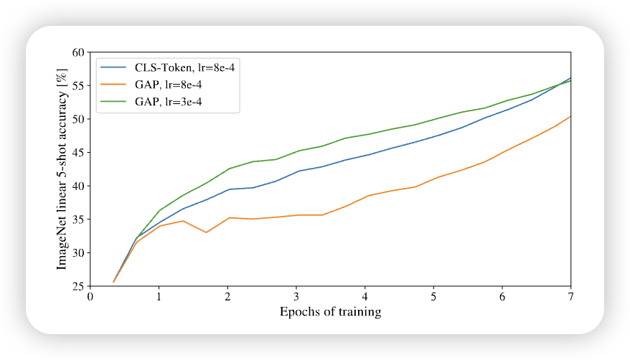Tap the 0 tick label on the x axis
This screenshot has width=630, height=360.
[90, 297]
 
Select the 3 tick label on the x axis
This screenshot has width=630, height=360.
[296, 297]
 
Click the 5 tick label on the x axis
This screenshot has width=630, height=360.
[433, 297]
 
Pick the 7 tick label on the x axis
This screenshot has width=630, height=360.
[571, 297]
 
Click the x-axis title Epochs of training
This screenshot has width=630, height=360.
[330, 312]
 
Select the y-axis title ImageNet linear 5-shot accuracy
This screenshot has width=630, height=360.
[62, 169]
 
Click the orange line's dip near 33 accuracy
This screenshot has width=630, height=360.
[207, 232]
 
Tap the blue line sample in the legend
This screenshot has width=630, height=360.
[114, 68]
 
